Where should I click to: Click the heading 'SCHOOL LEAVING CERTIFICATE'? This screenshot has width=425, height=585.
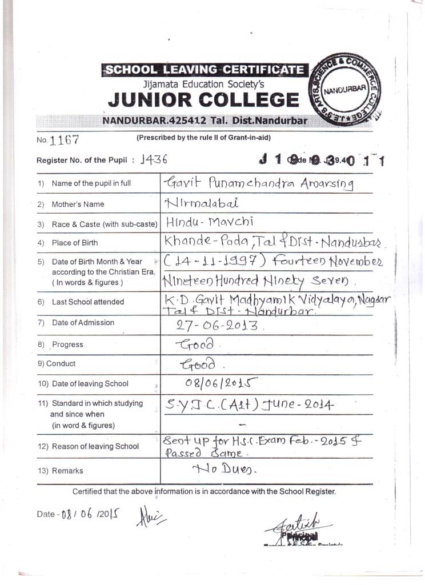204,70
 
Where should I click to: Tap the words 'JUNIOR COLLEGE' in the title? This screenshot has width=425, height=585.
203,101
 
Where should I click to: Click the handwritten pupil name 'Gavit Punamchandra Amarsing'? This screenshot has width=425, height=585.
258,183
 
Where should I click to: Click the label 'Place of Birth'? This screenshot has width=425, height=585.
75,243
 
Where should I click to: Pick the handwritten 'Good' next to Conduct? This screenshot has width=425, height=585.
198,364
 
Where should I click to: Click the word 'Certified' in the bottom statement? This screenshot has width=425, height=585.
89,491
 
